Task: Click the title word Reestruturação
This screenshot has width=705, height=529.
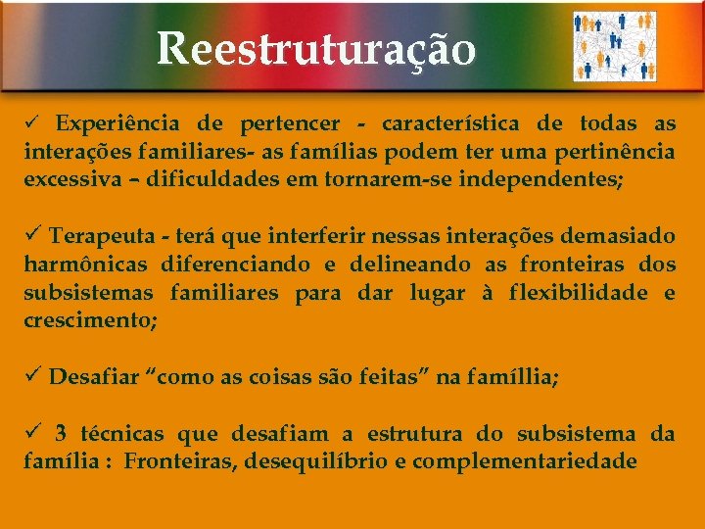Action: (316, 48)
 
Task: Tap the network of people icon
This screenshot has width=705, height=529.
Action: (614, 46)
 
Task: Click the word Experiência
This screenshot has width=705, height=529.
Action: (117, 123)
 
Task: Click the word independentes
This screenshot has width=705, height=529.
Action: (535, 180)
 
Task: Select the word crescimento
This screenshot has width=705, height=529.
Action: (89, 321)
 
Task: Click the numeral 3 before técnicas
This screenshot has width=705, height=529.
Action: (61, 433)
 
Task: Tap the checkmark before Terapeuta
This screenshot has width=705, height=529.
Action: (33, 236)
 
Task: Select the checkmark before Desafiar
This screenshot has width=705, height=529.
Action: (33, 377)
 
